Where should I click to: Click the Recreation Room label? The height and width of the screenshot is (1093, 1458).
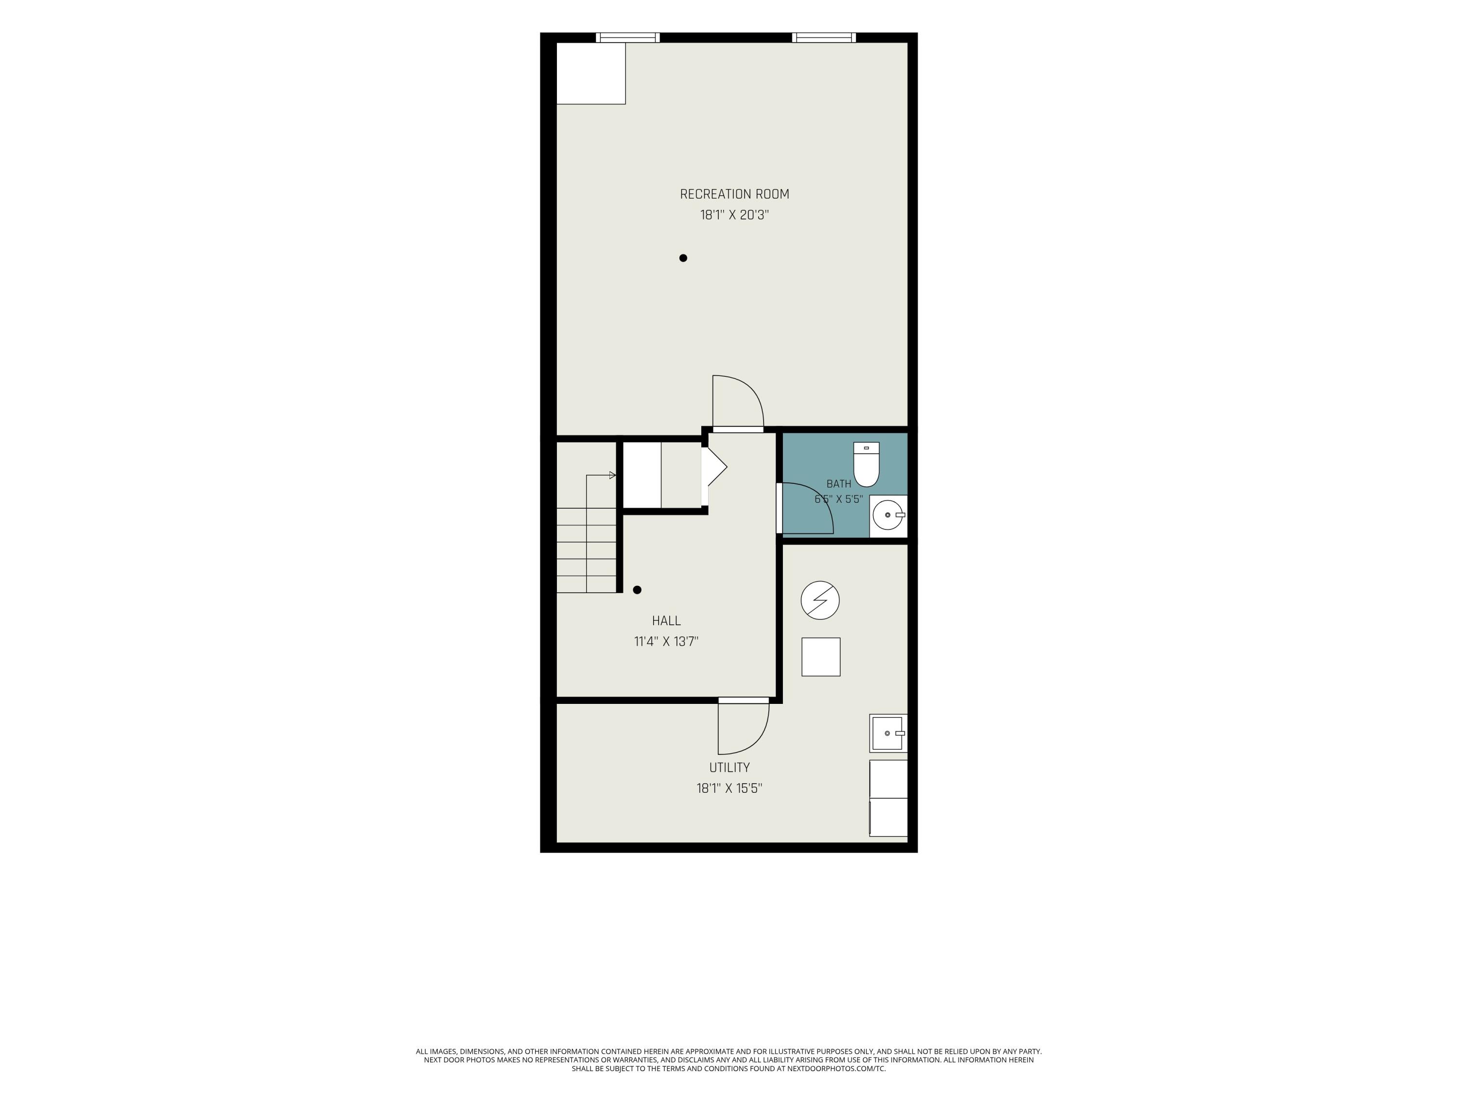(x=734, y=194)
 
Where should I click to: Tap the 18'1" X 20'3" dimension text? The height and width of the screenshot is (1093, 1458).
(x=734, y=215)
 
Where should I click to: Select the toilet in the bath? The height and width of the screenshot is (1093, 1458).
(x=866, y=464)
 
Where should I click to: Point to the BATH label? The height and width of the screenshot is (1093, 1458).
(x=838, y=483)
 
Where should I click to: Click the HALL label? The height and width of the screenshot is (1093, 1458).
(x=666, y=621)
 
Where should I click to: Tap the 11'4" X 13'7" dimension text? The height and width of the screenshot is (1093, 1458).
(x=666, y=641)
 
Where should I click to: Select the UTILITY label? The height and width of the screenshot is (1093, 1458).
(x=729, y=768)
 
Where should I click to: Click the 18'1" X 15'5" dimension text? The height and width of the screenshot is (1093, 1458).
(x=729, y=788)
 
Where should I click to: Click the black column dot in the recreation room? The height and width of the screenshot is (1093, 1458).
(x=683, y=258)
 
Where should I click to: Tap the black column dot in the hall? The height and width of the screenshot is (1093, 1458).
(x=637, y=590)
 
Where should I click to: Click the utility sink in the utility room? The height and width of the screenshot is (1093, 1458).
(x=888, y=733)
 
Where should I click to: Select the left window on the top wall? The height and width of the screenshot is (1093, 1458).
(x=627, y=37)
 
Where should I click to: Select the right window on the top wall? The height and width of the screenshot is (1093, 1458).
(x=824, y=37)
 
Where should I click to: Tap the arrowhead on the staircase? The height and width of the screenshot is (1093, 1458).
(x=612, y=475)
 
